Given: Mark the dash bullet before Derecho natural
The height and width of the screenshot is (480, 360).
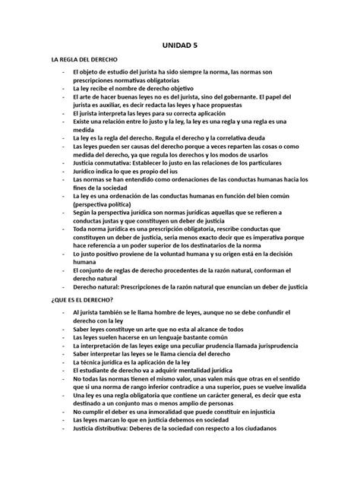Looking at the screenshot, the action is coord(64,288).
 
